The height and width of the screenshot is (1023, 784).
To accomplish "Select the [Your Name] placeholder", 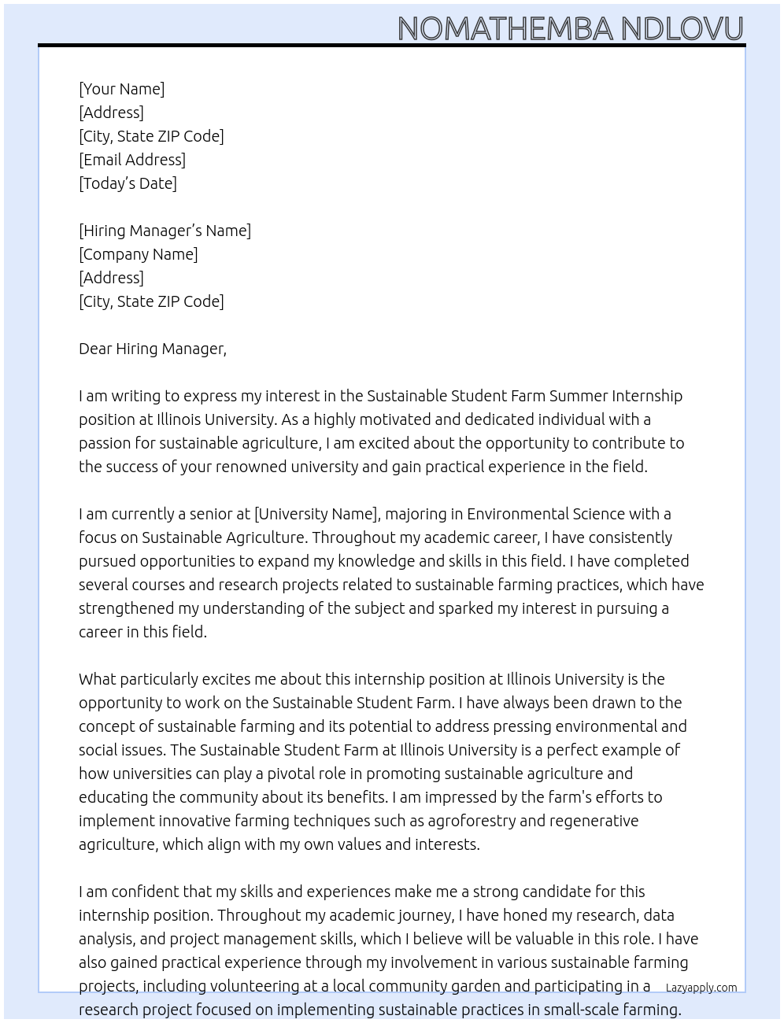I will click(121, 89).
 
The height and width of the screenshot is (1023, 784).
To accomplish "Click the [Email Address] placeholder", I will click(132, 160).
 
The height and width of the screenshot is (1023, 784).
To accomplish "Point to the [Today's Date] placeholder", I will click(128, 183).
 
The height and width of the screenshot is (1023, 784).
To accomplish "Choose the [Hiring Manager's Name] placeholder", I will click(165, 231).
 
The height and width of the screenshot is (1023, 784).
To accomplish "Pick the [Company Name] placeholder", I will click(139, 254).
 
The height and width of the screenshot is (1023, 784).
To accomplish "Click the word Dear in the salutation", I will click(95, 349).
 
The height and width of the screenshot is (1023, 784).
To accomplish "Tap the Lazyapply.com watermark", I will click(701, 988).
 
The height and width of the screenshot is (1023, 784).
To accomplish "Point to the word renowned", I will click(250, 467).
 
